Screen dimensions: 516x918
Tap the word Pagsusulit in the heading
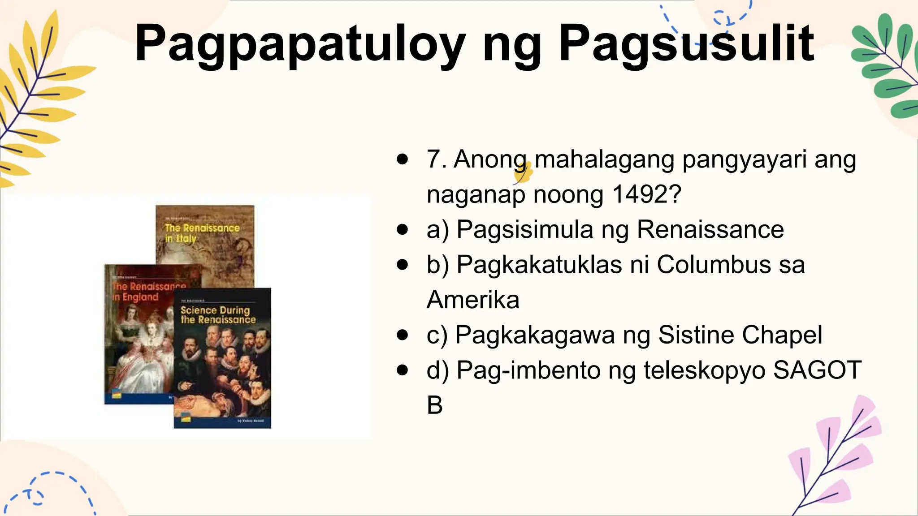coord(686,44)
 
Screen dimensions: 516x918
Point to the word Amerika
coord(473,300)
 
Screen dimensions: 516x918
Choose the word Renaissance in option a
coord(710,229)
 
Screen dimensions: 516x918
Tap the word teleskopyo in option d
coord(704,370)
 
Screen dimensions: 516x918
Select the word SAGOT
coord(817,370)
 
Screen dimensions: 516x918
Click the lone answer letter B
coord(434,405)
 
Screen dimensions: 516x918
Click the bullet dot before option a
coord(403,230)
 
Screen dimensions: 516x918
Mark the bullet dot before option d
coord(403,370)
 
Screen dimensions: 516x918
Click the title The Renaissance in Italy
coord(202,233)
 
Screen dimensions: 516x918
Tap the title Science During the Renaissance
coord(218,314)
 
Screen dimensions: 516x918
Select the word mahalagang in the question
coord(604,159)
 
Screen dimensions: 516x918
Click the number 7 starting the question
coord(434,159)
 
